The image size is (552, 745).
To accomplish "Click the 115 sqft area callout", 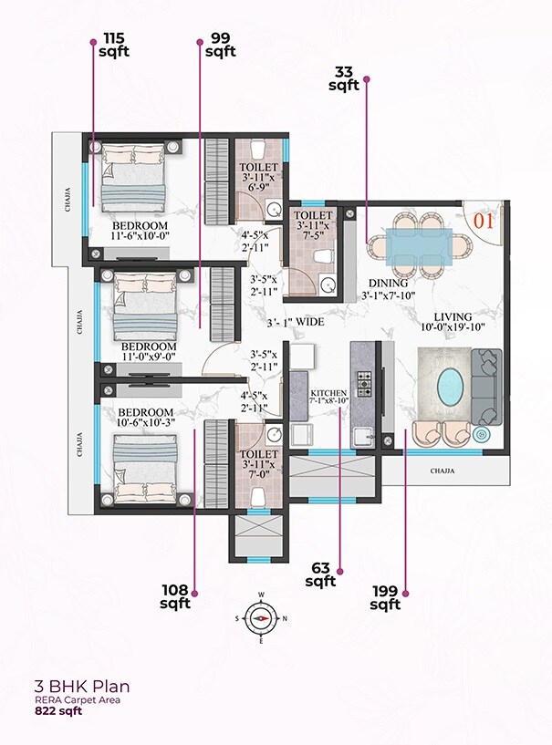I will [115, 45].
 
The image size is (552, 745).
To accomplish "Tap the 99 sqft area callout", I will [220, 45].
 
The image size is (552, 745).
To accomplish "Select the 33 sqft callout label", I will [344, 78].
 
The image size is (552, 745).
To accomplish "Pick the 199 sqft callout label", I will [385, 597].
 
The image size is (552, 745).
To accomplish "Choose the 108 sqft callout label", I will [175, 596].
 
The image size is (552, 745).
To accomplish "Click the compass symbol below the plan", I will [262, 617].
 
